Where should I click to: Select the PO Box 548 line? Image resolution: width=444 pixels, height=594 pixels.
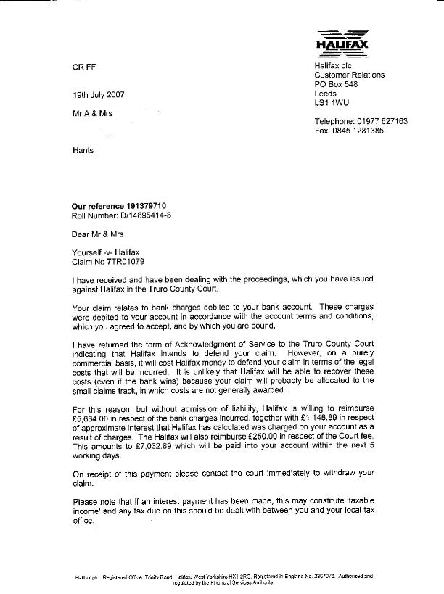click(336, 84)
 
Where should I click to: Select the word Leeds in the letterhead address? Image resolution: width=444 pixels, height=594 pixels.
click(326, 94)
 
